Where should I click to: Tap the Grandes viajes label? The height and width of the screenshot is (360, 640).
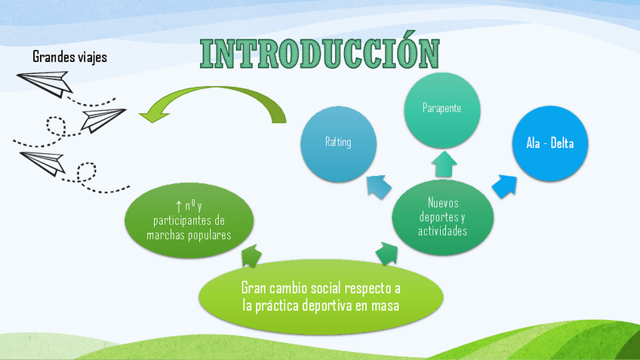[x=70, y=57]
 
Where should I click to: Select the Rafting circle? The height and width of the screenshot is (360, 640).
[x=338, y=142]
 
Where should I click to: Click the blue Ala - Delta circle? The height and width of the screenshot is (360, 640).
[x=550, y=143]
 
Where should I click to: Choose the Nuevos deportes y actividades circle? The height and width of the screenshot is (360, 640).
[x=442, y=217]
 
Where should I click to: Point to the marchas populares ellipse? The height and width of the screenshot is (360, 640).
[x=189, y=220]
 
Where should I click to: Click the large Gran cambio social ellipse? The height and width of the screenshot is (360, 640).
[x=321, y=297]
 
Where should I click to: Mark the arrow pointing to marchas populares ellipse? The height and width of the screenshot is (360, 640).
[x=251, y=256]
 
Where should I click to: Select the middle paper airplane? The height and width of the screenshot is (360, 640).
[x=102, y=118]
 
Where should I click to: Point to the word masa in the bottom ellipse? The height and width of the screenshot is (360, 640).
[x=384, y=306]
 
